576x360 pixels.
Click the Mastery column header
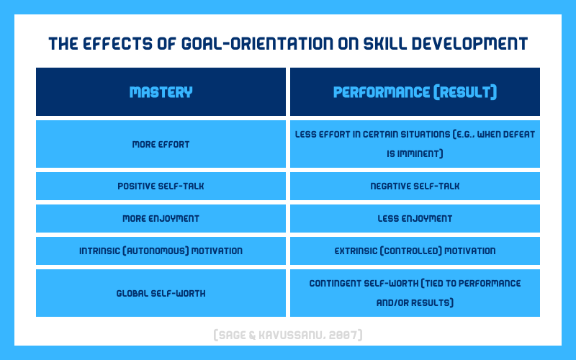pos(161,92)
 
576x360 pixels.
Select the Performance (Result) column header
pos(415,92)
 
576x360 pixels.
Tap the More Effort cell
pos(161,144)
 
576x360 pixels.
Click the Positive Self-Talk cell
pos(161,186)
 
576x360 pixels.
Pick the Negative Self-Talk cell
pos(415,186)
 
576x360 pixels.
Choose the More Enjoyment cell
pos(161,219)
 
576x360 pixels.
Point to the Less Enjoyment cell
pos(415,219)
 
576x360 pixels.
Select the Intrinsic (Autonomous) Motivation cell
pos(161,251)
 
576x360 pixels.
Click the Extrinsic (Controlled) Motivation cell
pos(415,251)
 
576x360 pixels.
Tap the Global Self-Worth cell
pos(161,293)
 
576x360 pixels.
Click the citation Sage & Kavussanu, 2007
pos(288,335)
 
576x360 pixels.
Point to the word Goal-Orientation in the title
pos(257,43)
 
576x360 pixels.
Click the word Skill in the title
pos(385,43)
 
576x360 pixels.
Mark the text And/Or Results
pos(415,302)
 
